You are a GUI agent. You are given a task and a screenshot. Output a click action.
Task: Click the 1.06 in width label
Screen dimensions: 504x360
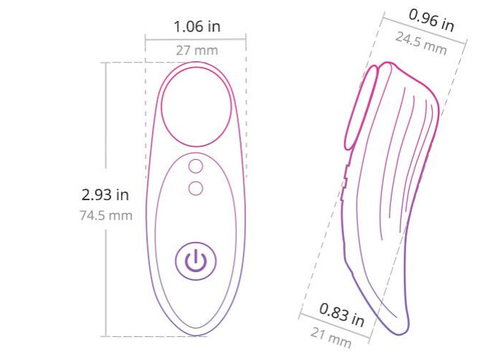point(197,27)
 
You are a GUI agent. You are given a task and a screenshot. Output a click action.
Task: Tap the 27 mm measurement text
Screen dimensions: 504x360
point(197,50)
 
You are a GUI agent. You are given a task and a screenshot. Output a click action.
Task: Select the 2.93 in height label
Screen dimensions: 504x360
point(105,195)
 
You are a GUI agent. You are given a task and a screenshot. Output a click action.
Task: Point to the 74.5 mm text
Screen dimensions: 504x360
point(106,215)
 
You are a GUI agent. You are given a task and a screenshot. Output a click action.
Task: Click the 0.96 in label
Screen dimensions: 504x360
point(431,21)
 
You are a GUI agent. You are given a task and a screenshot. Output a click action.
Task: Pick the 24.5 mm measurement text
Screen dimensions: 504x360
point(420,44)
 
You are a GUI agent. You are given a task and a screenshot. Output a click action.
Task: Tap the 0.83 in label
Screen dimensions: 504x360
point(342,315)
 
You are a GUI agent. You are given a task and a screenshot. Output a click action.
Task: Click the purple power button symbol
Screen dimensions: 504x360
point(195,261)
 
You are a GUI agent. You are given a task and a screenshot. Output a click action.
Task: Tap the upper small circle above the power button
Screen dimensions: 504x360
point(195,166)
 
